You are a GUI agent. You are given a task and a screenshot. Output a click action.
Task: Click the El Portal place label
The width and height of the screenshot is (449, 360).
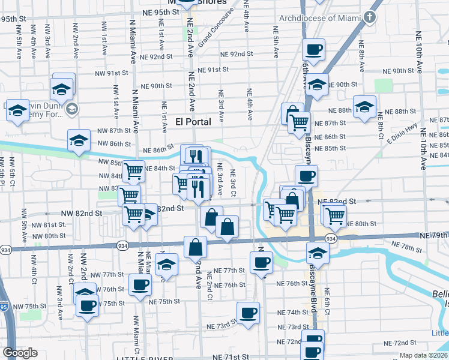[x=193, y=122]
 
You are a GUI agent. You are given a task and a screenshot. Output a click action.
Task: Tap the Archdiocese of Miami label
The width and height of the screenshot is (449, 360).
[x=328, y=18]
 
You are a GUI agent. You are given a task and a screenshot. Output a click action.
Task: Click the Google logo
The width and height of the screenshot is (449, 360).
[x=20, y=353]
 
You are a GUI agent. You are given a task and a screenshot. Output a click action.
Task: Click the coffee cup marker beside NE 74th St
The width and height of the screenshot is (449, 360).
[x=248, y=313]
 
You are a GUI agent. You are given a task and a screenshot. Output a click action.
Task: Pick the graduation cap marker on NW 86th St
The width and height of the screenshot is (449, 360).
[x=79, y=141]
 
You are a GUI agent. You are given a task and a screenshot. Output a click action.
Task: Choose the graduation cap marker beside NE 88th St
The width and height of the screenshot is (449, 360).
[x=364, y=107]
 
